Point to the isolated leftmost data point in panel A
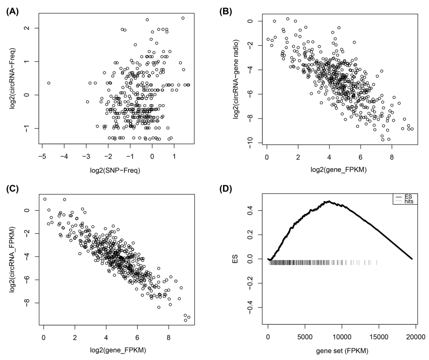pyautogui.click(x=49, y=83)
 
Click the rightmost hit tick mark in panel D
pyautogui.click(x=377, y=262)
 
